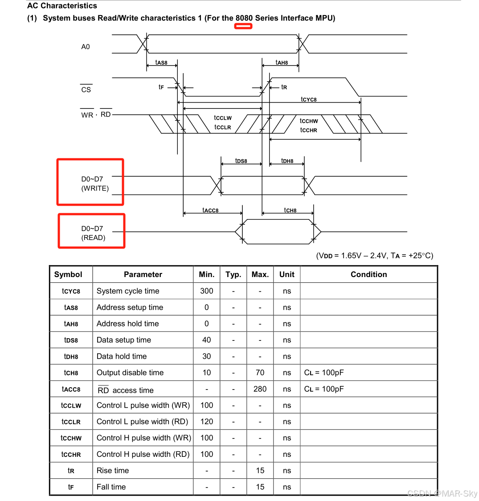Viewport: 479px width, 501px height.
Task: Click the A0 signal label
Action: click(85, 47)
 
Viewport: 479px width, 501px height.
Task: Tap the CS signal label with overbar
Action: click(86, 90)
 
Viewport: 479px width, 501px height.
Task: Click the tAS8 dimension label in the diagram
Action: click(161, 63)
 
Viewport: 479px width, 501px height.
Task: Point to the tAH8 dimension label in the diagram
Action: click(282, 63)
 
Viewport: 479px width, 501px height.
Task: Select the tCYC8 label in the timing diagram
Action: click(308, 99)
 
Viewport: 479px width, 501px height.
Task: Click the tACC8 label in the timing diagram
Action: click(210, 210)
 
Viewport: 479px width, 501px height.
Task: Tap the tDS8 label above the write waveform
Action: click(241, 161)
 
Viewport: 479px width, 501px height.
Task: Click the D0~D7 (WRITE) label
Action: click(94, 184)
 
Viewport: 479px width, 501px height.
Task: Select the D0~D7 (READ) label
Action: click(93, 233)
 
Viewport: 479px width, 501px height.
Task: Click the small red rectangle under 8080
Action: click(243, 26)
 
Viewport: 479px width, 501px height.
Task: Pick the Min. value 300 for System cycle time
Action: click(206, 291)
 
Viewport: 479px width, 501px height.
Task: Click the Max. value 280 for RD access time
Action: click(260, 389)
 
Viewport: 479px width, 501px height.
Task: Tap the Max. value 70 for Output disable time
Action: click(260, 373)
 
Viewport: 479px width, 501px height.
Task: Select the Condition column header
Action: click(368, 274)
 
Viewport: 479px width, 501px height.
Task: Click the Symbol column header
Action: click(68, 274)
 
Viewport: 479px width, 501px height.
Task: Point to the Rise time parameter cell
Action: click(113, 470)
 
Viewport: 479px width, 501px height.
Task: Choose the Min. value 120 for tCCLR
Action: click(206, 422)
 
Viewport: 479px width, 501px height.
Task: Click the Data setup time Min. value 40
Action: click(206, 340)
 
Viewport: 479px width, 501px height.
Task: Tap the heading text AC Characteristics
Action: click(62, 6)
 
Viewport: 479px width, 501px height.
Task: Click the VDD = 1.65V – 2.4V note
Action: click(374, 256)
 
